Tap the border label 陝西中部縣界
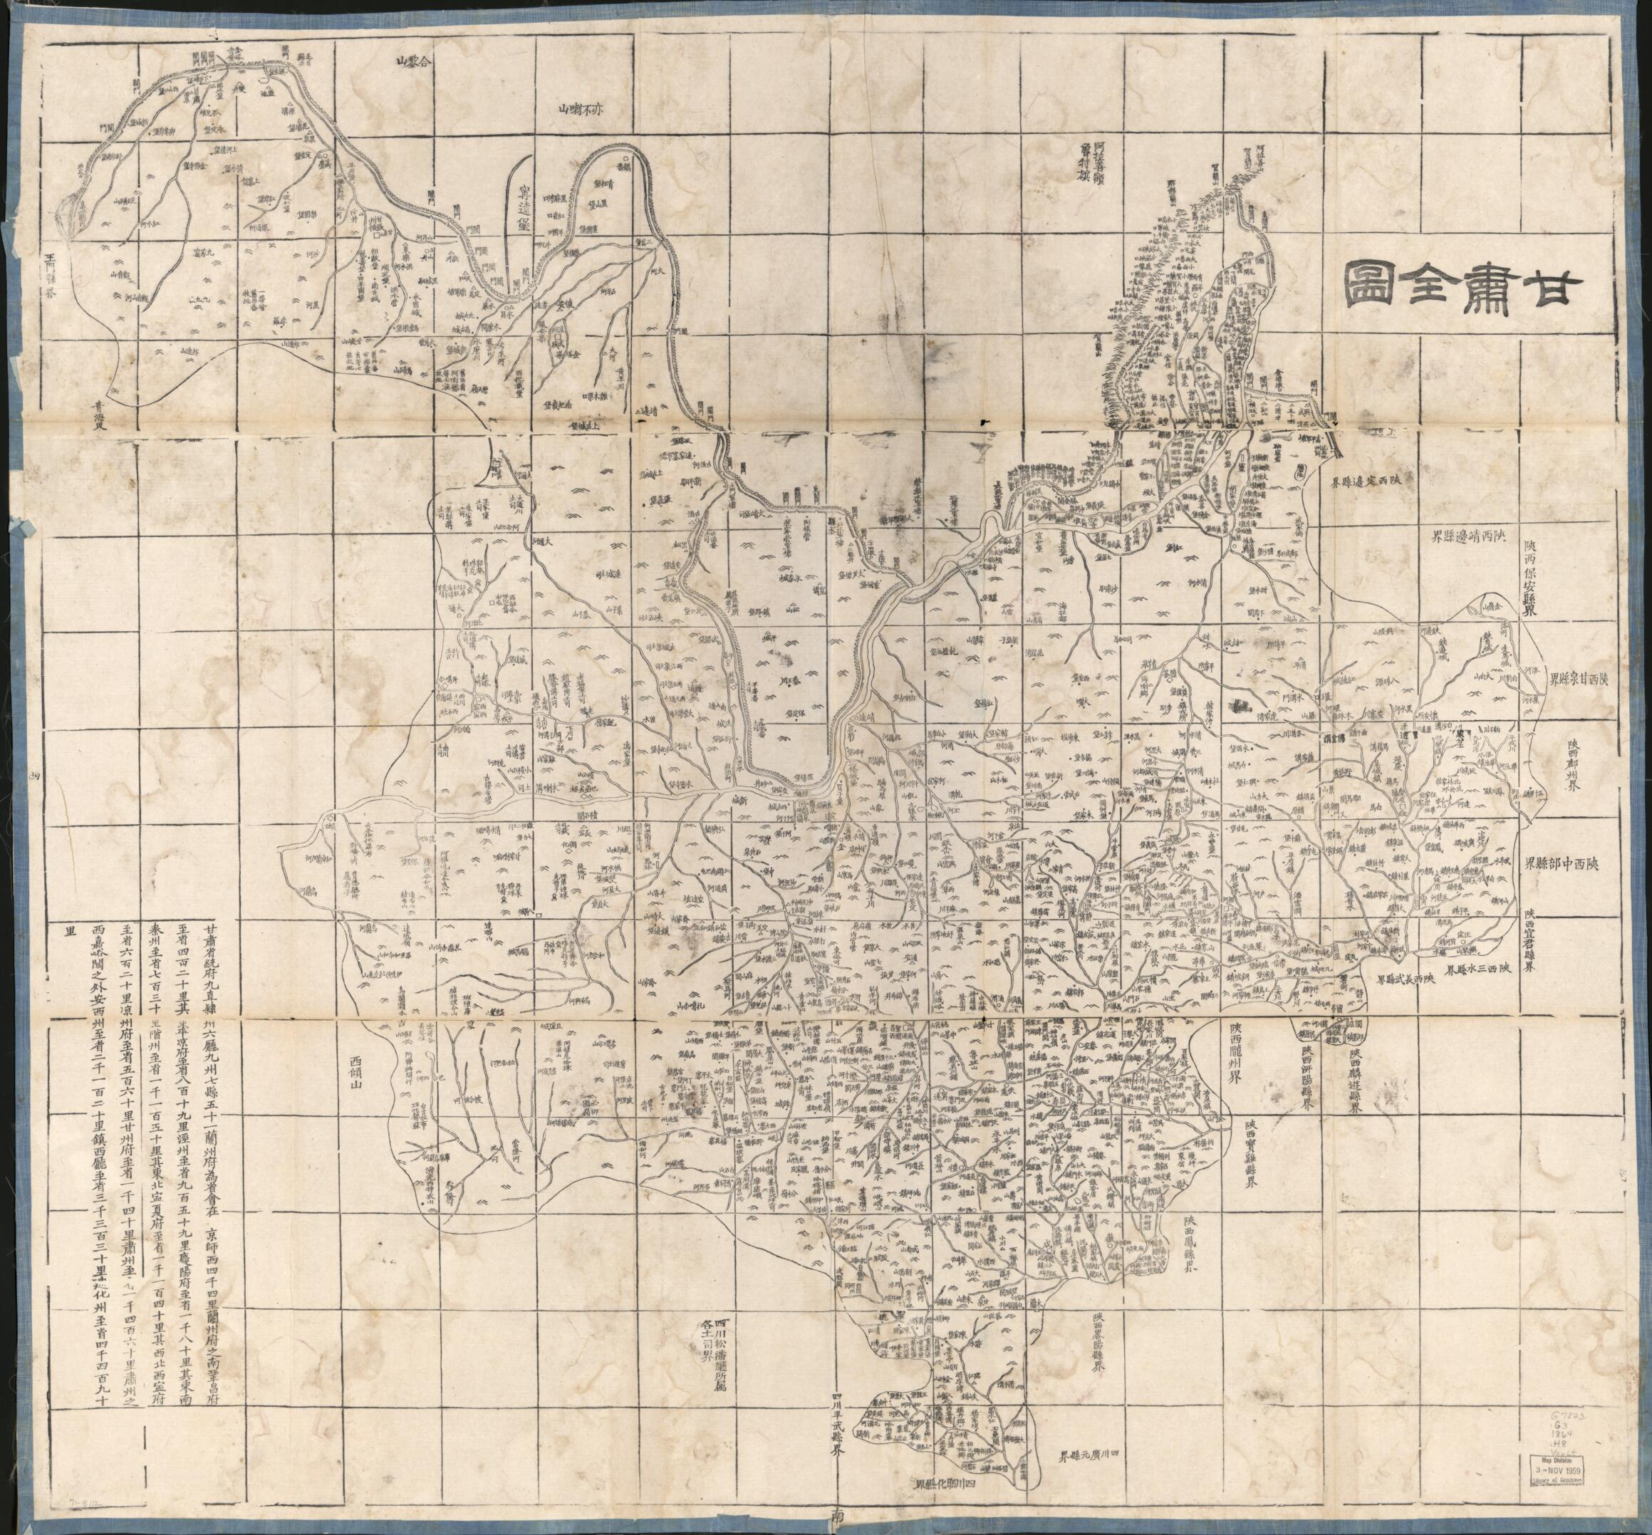[1571, 864]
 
